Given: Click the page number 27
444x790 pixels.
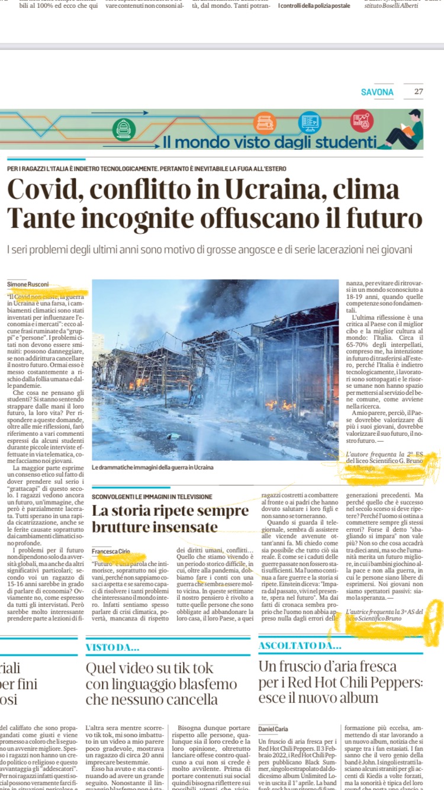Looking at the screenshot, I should tap(419, 92).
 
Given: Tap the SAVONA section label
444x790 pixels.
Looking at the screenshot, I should tap(377, 92).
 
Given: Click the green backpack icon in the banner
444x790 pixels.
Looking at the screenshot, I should tap(124, 129).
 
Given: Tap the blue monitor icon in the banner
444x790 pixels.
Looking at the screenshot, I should tap(310, 122).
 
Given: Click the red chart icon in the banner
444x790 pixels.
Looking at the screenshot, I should tap(362, 121).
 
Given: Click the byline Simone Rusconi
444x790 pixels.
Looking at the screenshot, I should tap(28, 284).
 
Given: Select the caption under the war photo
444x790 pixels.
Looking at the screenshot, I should tap(153, 468).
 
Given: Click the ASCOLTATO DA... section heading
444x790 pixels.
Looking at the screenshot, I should tap(300, 646).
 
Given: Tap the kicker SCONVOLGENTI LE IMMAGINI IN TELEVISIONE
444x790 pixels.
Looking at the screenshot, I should tap(152, 496).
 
